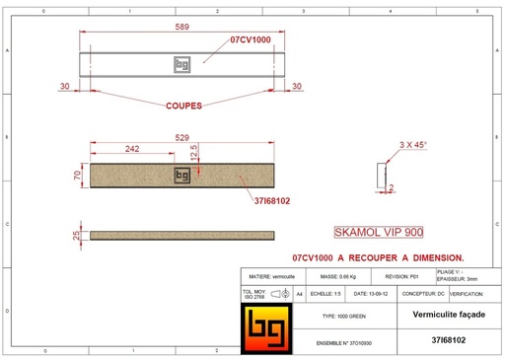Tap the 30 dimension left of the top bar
(x=64, y=88)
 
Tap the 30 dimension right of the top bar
(x=296, y=88)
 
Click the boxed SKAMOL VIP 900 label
(x=378, y=233)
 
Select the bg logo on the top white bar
(x=180, y=65)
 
